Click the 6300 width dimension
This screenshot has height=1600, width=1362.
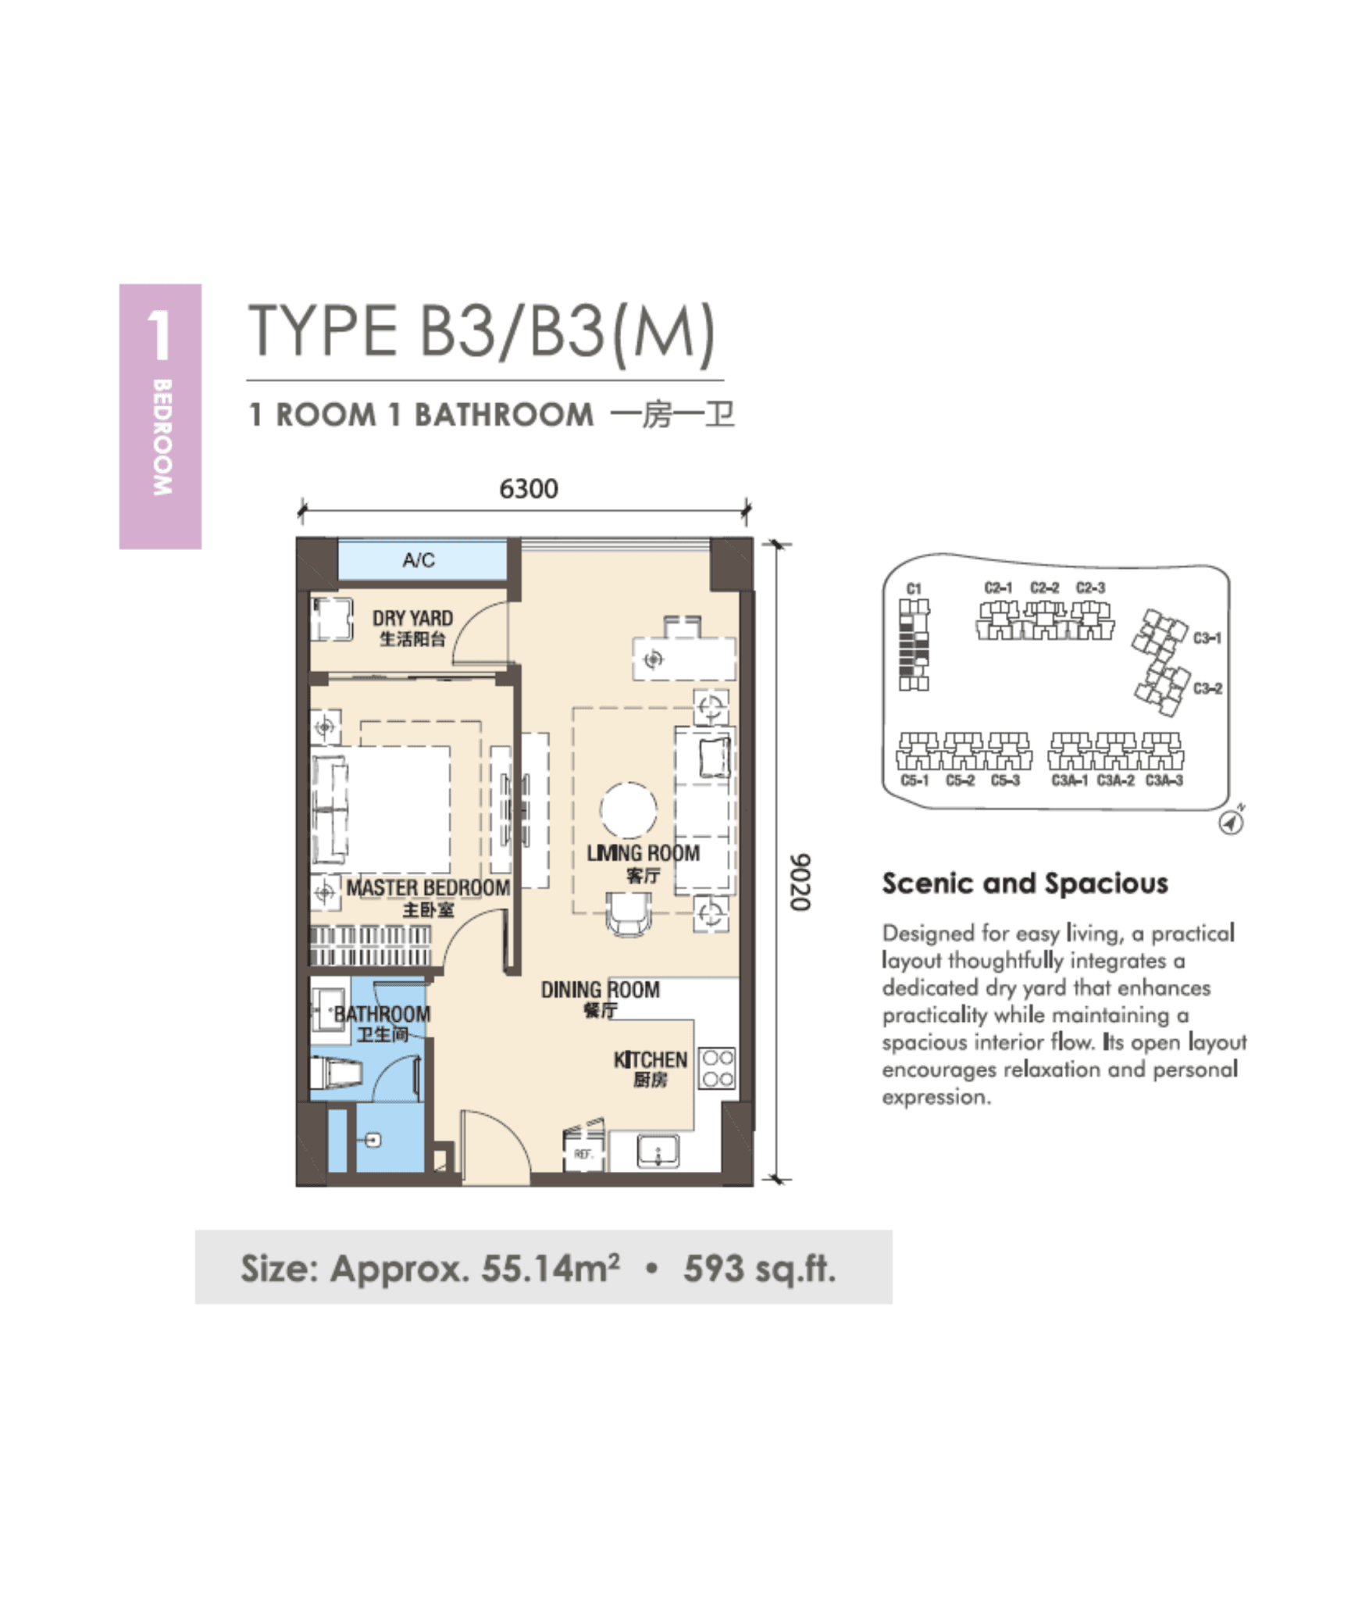click(528, 489)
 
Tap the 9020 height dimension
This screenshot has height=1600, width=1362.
click(799, 881)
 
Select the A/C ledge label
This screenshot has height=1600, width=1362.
click(419, 559)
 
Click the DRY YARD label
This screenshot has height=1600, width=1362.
click(412, 619)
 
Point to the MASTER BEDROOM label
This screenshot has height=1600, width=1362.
click(428, 887)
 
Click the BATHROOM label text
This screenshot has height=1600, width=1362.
click(382, 1014)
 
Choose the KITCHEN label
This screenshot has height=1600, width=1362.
click(650, 1060)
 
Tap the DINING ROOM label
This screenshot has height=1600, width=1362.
click(600, 990)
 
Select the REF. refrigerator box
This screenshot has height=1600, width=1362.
click(583, 1153)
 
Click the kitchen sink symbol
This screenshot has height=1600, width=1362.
click(658, 1151)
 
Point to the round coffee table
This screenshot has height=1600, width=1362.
click(628, 810)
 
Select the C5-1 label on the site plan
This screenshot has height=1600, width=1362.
click(915, 780)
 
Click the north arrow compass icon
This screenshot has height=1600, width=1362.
click(1232, 822)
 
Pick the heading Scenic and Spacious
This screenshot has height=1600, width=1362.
click(1025, 884)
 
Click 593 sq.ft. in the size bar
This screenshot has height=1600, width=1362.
click(759, 1269)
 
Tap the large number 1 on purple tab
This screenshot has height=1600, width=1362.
click(159, 335)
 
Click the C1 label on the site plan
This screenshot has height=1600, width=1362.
click(914, 588)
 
